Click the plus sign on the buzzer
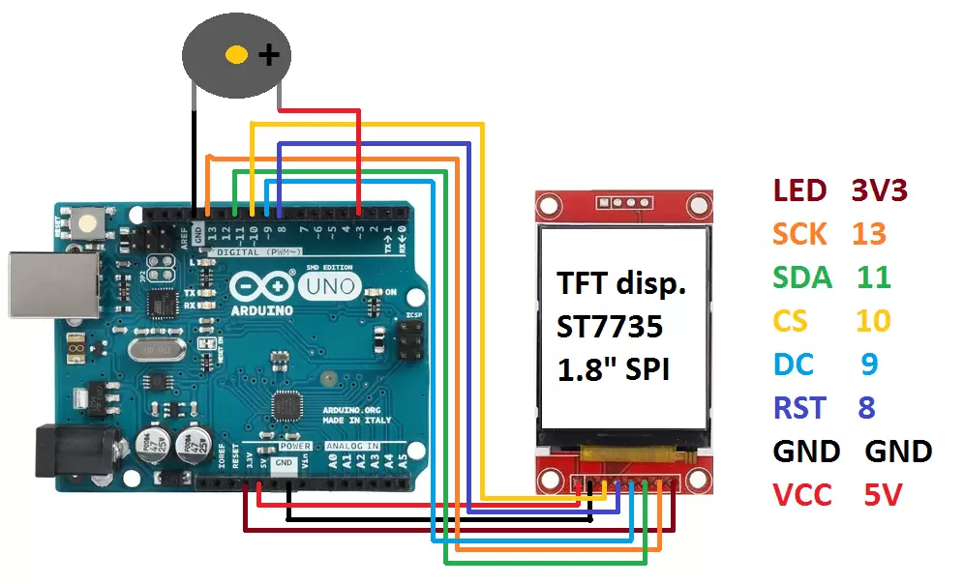click(268, 55)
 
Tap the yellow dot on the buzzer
click(236, 54)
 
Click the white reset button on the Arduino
click(89, 223)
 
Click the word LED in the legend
click(799, 190)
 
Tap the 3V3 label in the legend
click(879, 190)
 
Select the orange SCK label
click(800, 234)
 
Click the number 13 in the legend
click(869, 234)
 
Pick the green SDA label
click(802, 277)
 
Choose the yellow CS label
click(790, 321)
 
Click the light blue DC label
click(793, 365)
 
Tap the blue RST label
click(799, 408)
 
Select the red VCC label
click(802, 495)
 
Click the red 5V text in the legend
click(882, 495)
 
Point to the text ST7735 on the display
click(610, 327)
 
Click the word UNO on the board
click(328, 286)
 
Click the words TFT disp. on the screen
click(620, 284)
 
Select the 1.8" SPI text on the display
click(614, 369)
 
